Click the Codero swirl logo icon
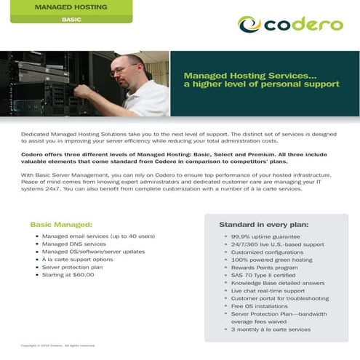250,24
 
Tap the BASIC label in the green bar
71,19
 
